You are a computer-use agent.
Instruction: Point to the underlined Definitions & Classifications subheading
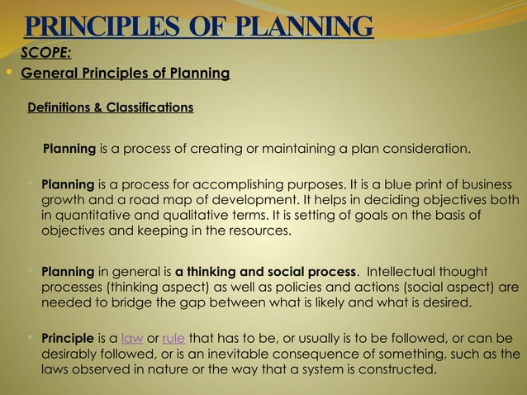(111, 107)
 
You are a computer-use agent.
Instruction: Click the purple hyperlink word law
(131, 338)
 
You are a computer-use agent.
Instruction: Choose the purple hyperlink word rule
(173, 338)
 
